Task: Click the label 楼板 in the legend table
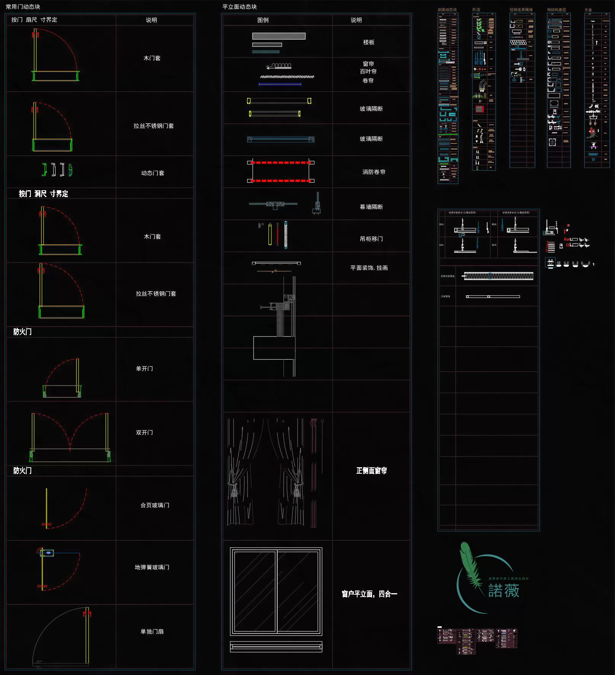pos(369,42)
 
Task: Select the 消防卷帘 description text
pos(374,172)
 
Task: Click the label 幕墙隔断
pos(371,207)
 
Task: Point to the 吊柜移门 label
pos(371,239)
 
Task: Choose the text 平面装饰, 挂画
pos(369,268)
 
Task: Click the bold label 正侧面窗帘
pos(371,471)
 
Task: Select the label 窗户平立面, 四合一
pos(369,594)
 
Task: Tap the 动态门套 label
pos(153,173)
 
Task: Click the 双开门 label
pos(144,433)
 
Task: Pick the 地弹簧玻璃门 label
pos(152,567)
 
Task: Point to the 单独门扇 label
pos(152,632)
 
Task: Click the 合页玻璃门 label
pos(155,505)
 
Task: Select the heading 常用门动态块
pos(23,7)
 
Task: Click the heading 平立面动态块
pos(240,7)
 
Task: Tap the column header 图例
pos(263,20)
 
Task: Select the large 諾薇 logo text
pos(503,591)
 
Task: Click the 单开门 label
pos(144,369)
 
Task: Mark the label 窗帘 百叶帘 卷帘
pos(368,72)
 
